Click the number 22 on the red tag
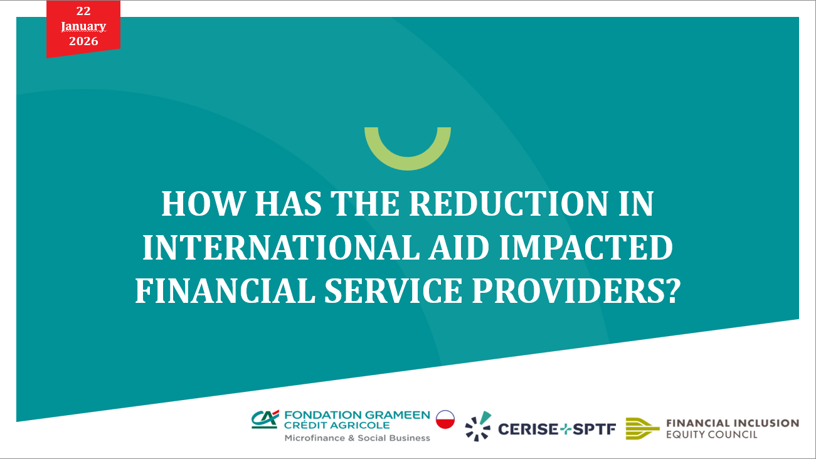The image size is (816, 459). click(x=83, y=11)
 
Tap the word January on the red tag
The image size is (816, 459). click(x=83, y=26)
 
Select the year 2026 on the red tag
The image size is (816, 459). click(x=83, y=41)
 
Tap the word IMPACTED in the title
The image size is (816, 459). click(x=586, y=247)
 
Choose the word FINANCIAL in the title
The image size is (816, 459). click(x=225, y=291)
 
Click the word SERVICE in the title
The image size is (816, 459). click(x=393, y=291)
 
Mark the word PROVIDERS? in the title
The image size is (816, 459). click(x=576, y=291)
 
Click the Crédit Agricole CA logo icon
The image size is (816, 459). click(x=265, y=419)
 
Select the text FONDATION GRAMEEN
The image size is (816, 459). click(x=357, y=415)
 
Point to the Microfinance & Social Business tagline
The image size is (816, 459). click(x=357, y=438)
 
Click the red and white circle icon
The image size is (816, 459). click(x=445, y=419)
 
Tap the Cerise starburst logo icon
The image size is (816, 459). click(x=478, y=426)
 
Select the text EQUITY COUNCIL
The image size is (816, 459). click(x=712, y=434)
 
